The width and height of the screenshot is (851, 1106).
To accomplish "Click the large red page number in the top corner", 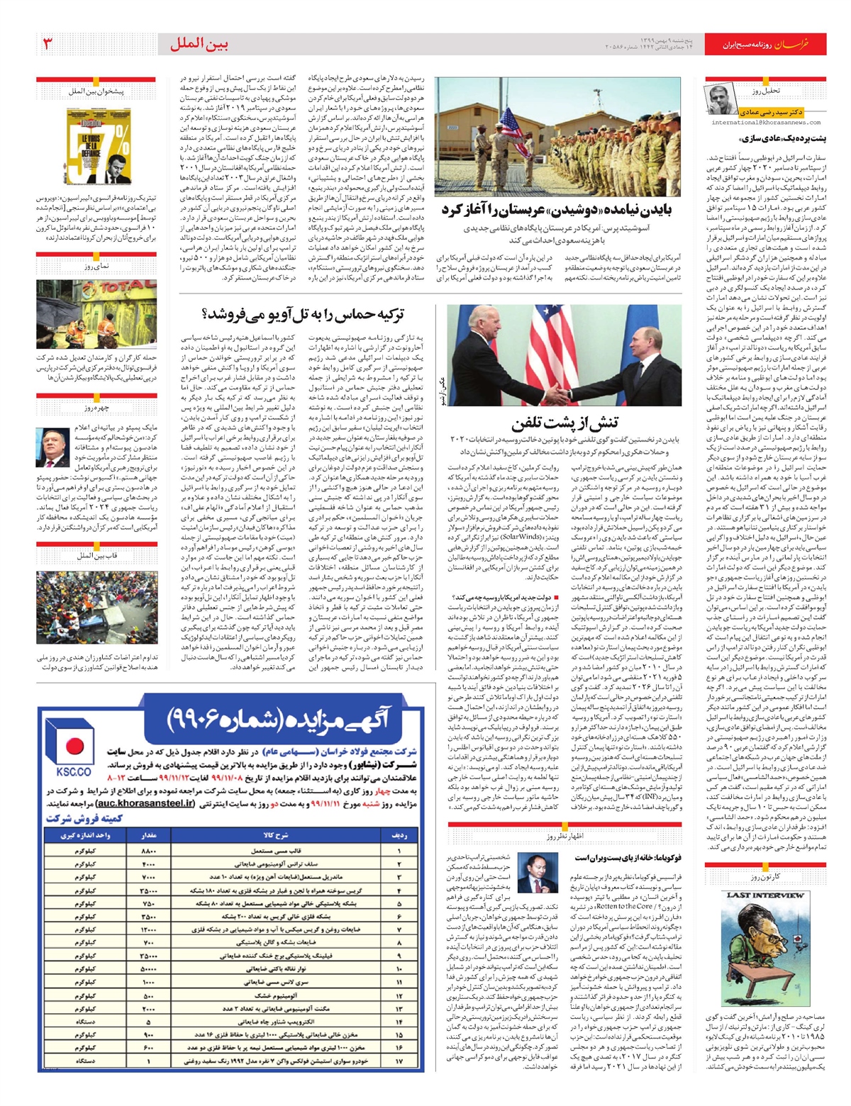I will pyautogui.click(x=48, y=43).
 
